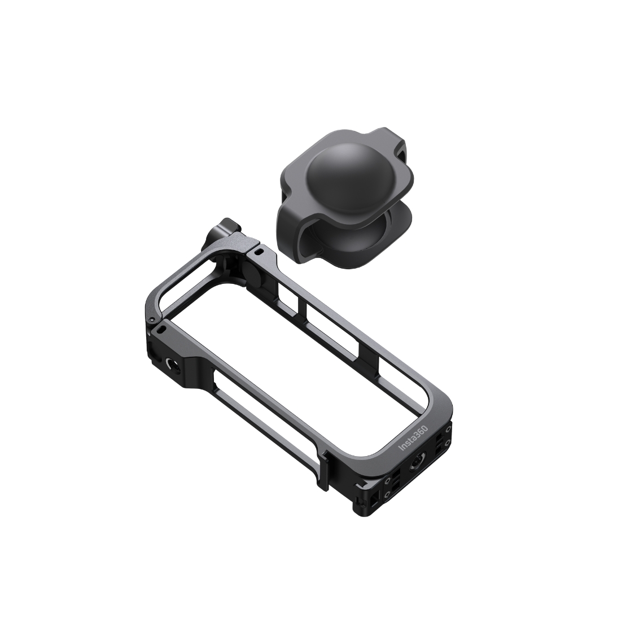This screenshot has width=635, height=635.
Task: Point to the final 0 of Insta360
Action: click(x=425, y=428)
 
